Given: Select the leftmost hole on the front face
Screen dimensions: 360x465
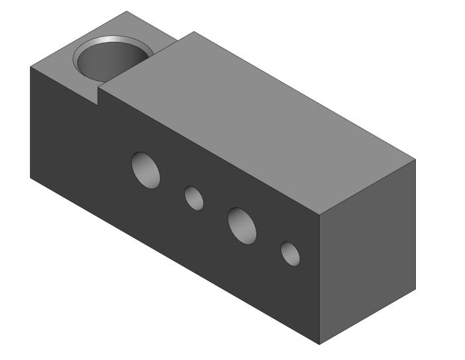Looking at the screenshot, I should (145, 169).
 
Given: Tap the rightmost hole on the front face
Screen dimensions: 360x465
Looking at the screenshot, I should (290, 254).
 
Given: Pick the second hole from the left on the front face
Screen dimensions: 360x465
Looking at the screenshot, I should (194, 198).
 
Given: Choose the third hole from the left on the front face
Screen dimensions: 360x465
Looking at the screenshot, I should (242, 225).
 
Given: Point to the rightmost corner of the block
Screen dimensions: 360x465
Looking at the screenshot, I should (416, 160).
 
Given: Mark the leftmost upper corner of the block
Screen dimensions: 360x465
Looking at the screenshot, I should (31, 67).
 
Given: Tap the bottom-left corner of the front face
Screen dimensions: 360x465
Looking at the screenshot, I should (31, 177).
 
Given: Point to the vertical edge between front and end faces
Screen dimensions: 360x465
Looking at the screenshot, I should (320, 279).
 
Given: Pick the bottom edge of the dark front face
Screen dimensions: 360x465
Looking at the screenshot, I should (173, 260).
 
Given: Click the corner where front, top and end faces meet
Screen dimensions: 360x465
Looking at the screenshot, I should (320, 216).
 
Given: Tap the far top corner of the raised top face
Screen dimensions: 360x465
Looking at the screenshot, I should (193, 31).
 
